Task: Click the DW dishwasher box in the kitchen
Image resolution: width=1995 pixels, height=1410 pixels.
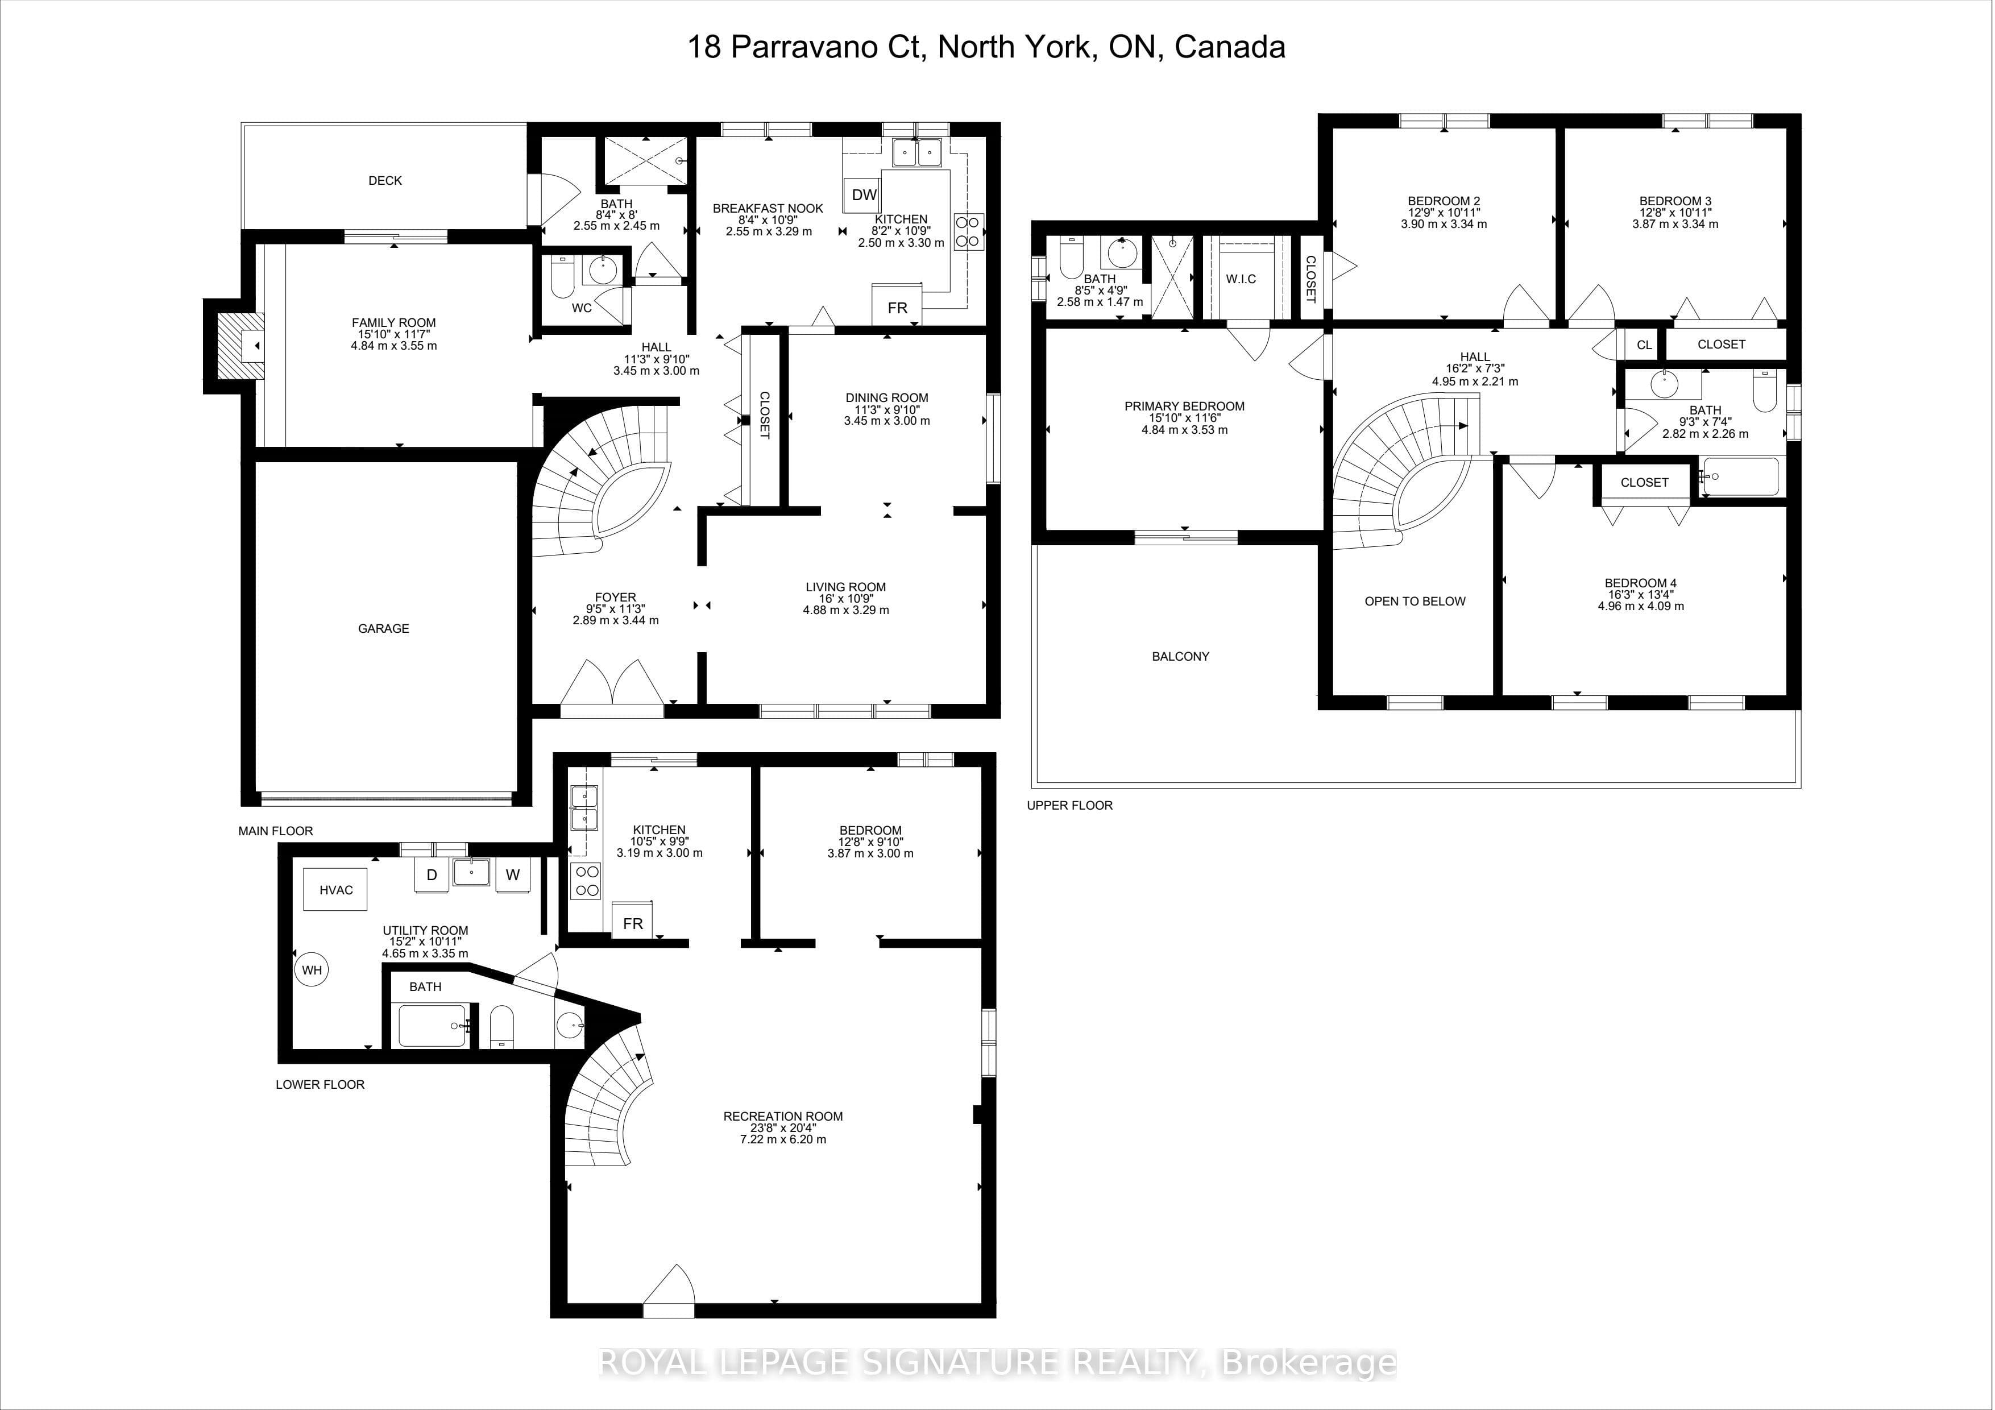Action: [864, 194]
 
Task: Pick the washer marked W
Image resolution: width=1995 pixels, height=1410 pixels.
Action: [513, 875]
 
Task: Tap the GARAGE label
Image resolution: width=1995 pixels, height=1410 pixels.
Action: [383, 628]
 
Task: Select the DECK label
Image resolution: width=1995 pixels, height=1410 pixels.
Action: [385, 181]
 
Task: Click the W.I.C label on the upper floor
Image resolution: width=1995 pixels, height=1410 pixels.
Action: [1241, 279]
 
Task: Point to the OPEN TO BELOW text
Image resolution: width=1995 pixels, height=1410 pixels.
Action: [1415, 601]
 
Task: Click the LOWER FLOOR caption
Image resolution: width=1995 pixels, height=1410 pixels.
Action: [320, 1084]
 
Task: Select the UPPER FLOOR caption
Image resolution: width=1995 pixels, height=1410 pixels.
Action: [1069, 805]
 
